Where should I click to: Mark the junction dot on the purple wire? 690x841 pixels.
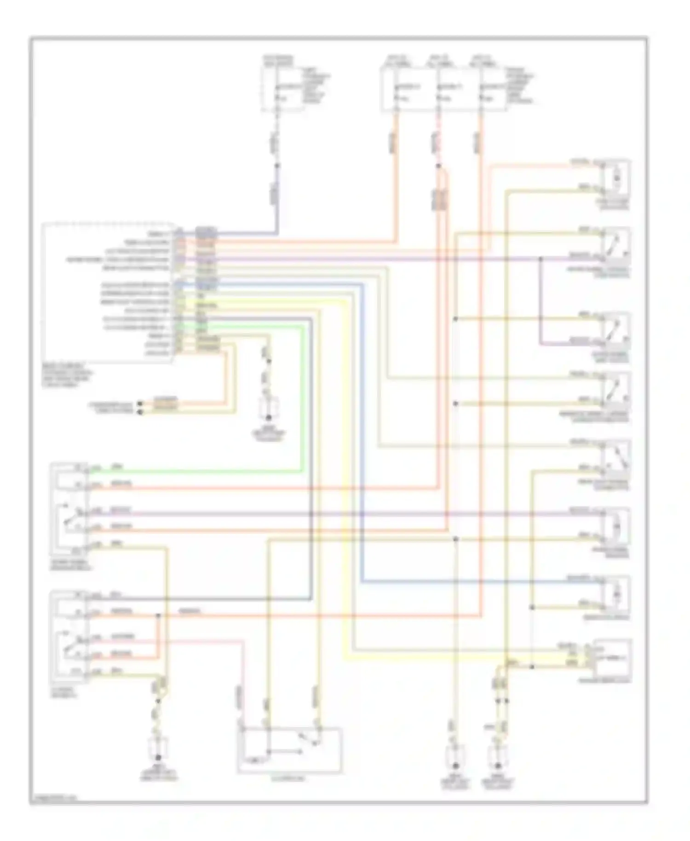tap(541, 259)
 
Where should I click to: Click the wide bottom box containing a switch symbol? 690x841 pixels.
tap(290, 749)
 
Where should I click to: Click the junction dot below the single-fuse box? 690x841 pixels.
tap(277, 165)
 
